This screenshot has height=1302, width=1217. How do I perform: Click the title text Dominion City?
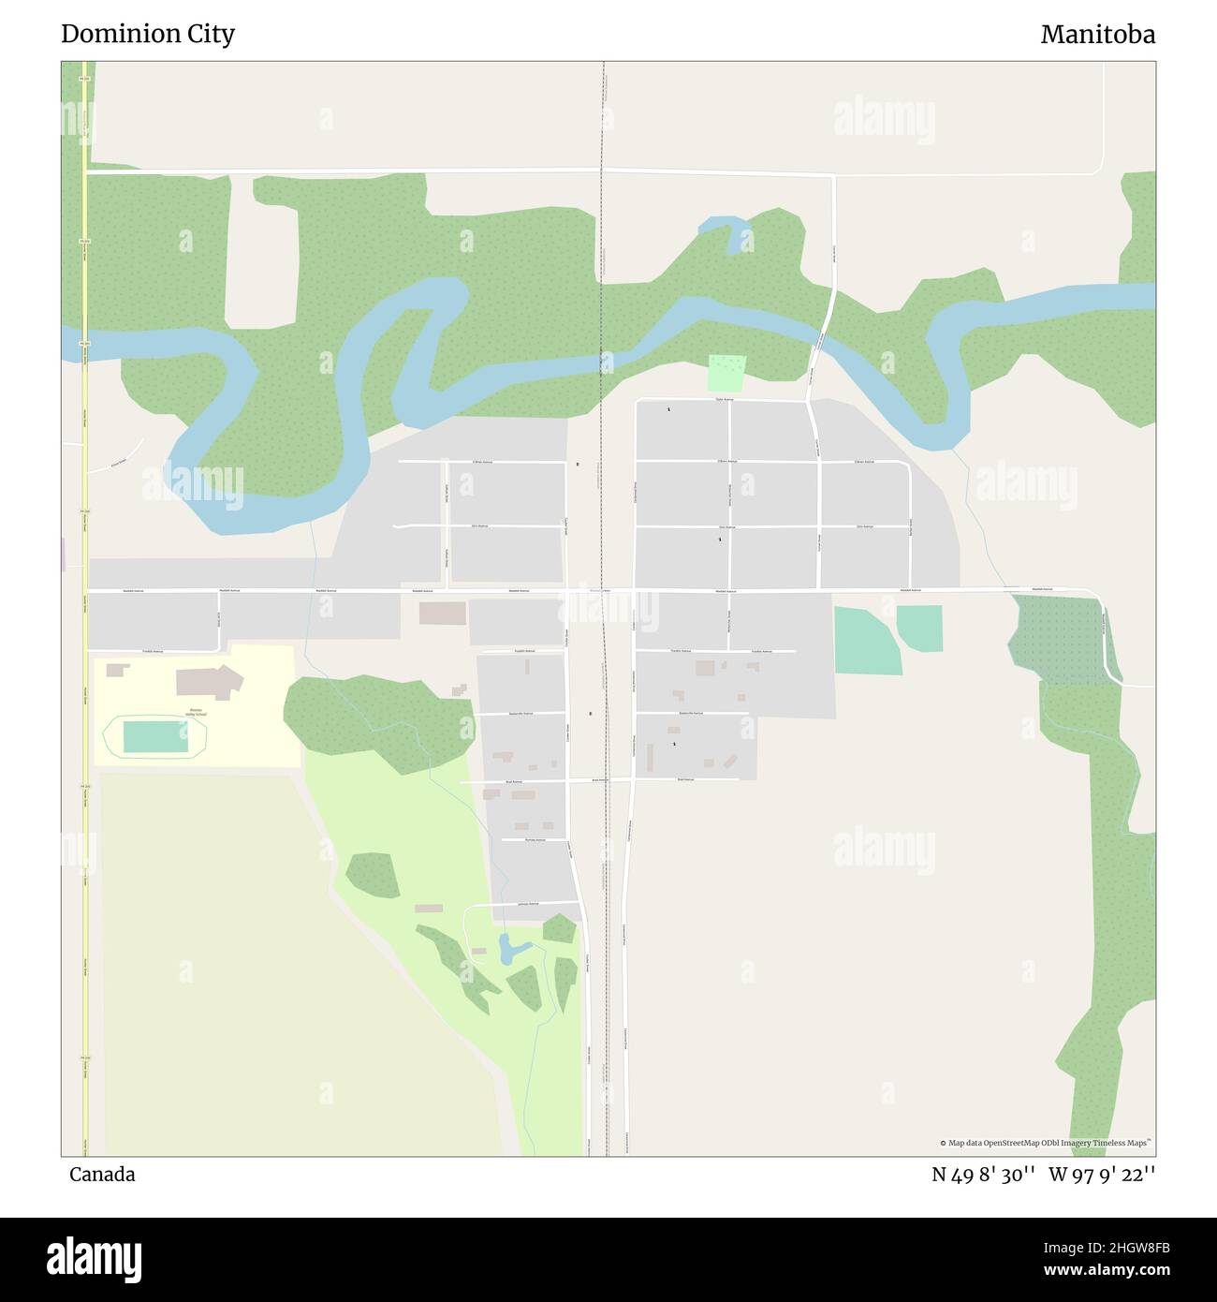[x=148, y=34]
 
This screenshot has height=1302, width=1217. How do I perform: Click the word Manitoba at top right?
[x=1097, y=35]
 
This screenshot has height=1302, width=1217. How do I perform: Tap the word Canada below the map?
[x=102, y=1175]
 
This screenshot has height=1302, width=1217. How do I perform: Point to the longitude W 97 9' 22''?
[x=1102, y=1175]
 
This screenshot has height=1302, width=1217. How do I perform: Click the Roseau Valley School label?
[x=197, y=711]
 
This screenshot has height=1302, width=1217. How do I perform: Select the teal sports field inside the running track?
[x=155, y=736]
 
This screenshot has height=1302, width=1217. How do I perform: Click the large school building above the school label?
[x=210, y=682]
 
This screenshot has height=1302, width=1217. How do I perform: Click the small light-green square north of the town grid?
[x=726, y=373]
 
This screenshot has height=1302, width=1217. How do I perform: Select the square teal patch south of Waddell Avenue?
[x=919, y=628]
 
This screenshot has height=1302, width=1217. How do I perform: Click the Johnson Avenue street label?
[x=529, y=904]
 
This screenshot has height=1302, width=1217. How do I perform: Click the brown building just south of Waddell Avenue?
[x=442, y=614]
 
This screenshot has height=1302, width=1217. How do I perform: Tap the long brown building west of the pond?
[x=429, y=909]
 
